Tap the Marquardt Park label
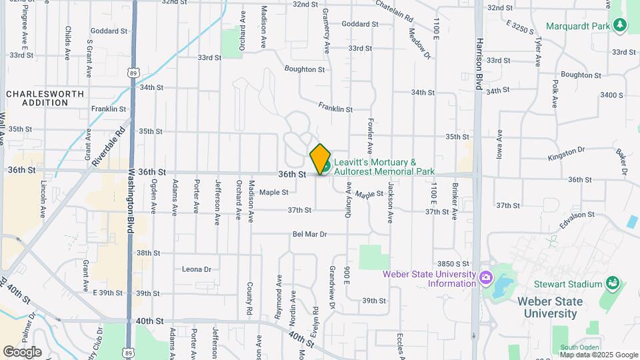point(579,27)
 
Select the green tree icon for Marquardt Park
point(621,25)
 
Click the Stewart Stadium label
point(571,284)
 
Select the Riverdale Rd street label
point(109,147)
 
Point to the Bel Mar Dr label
point(310,234)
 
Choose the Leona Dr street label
point(197,269)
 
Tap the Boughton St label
point(304,69)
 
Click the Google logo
point(22,351)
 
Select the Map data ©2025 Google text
point(599,355)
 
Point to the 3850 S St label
point(453,264)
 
